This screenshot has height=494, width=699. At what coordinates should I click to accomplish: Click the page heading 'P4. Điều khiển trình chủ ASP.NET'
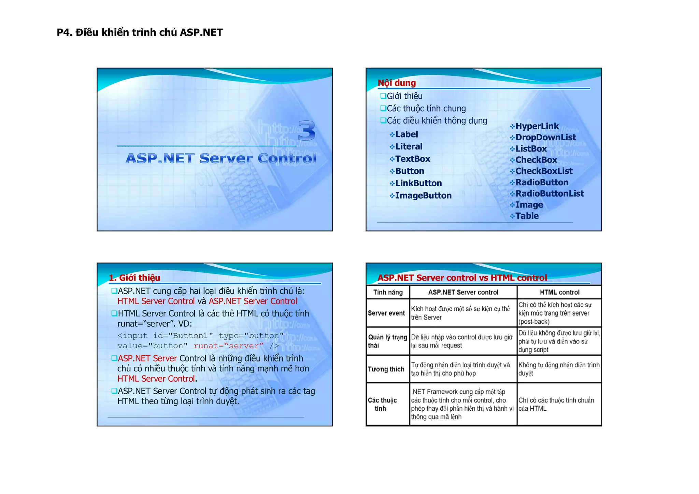(140, 32)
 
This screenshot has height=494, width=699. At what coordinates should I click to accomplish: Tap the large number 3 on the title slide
(306, 131)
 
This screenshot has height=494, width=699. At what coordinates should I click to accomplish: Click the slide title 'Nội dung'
(397, 83)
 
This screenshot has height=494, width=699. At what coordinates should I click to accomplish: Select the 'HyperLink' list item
(537, 126)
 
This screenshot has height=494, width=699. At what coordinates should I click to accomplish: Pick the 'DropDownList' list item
(545, 138)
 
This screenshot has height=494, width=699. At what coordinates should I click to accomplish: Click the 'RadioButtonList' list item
(550, 194)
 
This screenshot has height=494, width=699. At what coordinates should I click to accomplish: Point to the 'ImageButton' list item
(423, 196)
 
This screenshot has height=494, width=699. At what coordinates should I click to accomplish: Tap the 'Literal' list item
(409, 147)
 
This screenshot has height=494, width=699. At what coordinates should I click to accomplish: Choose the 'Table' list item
(527, 216)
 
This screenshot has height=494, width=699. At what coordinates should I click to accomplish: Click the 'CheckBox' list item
(536, 160)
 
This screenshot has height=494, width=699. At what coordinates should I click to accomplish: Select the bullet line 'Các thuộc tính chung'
(426, 109)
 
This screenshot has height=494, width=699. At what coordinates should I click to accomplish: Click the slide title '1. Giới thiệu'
(134, 278)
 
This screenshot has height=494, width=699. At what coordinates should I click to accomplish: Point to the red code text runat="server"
(228, 346)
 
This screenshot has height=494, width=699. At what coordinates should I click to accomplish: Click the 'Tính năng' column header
(388, 292)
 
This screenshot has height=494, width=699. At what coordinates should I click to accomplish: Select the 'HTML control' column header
(559, 292)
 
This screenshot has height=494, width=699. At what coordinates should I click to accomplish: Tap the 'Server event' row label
(386, 313)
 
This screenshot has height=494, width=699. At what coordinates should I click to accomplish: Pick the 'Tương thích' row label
(386, 369)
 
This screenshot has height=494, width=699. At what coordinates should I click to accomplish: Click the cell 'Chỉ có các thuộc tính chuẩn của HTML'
(556, 404)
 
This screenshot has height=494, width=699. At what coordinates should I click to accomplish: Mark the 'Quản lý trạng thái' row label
(387, 341)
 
